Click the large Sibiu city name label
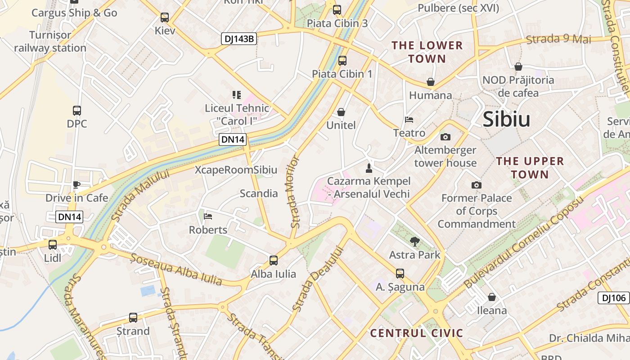[x=506, y=119]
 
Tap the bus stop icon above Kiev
[x=165, y=18]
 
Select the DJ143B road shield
[x=239, y=39]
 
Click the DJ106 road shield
[x=613, y=297]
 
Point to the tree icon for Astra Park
[x=414, y=242]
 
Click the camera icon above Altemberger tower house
[x=445, y=137]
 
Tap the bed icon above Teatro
[x=409, y=120]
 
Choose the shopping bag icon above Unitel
[x=341, y=112]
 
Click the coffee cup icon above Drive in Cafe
[x=76, y=184]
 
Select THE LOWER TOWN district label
[x=427, y=52]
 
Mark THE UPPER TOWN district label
[x=530, y=167]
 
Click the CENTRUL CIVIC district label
[x=416, y=333]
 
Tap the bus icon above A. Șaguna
[x=400, y=273]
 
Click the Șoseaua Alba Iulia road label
[x=176, y=270]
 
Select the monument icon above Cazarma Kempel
[x=369, y=168]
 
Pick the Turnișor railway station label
[x=50, y=41]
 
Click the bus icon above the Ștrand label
[x=133, y=317]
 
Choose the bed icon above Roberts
[x=208, y=216]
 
